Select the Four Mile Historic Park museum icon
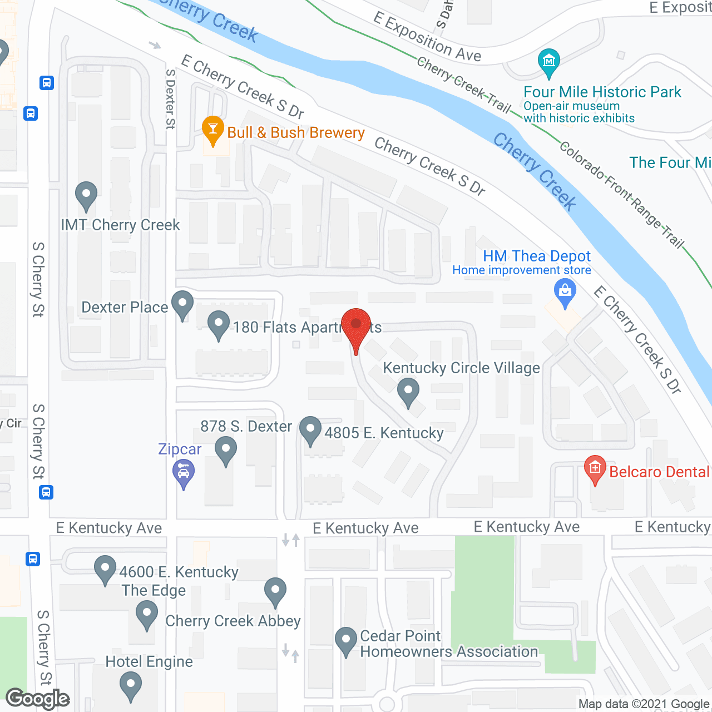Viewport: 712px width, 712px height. click(x=548, y=62)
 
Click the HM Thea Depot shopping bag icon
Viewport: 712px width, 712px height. click(x=565, y=291)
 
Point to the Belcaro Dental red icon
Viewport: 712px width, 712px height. click(x=595, y=469)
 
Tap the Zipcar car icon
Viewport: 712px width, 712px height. click(x=183, y=474)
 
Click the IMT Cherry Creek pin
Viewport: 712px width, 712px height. click(x=86, y=195)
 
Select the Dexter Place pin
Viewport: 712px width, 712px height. click(x=182, y=304)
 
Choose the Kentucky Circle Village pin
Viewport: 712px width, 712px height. click(x=408, y=390)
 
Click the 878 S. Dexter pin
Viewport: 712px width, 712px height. click(x=226, y=449)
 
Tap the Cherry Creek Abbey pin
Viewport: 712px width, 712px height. click(x=275, y=591)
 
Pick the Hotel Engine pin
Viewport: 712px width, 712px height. click(x=131, y=685)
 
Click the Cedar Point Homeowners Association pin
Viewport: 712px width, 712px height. click(x=346, y=640)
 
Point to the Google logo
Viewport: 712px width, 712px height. click(x=38, y=699)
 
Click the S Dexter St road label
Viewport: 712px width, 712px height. click(x=170, y=99)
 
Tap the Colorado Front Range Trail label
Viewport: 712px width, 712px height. click(x=621, y=194)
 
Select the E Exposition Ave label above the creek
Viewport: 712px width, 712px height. click(x=427, y=37)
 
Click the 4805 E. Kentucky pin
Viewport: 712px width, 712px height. click(x=310, y=430)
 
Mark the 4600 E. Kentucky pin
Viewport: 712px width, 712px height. click(x=105, y=569)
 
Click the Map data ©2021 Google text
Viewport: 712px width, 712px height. click(x=644, y=704)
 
